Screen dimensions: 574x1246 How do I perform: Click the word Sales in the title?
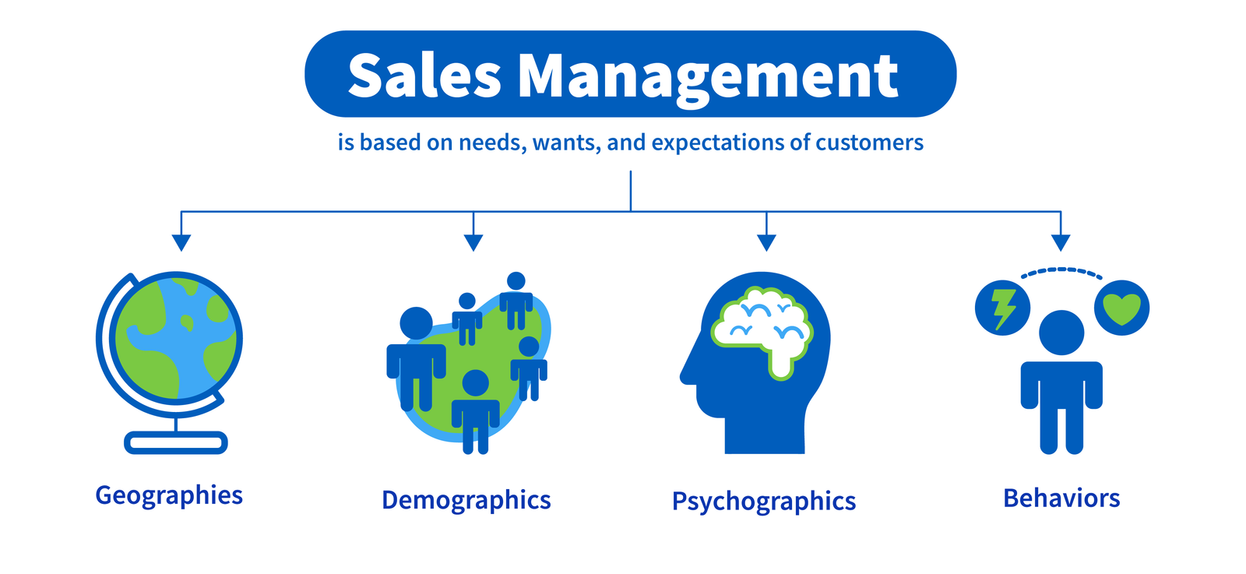pyautogui.click(x=424, y=76)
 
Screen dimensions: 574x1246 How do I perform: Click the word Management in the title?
pyautogui.click(x=708, y=77)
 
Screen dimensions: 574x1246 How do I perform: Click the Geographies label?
pyautogui.click(x=169, y=496)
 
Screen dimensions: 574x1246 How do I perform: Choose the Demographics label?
pyautogui.click(x=466, y=501)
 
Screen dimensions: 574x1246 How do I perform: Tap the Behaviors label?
pyautogui.click(x=1061, y=498)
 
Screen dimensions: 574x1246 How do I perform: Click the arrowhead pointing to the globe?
pyautogui.click(x=181, y=242)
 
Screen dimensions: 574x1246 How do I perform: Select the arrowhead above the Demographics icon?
pyautogui.click(x=473, y=242)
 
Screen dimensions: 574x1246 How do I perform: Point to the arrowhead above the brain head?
pyautogui.click(x=766, y=242)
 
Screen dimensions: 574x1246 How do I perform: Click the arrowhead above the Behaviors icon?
pyautogui.click(x=1061, y=242)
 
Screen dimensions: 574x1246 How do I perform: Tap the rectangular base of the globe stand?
pyautogui.click(x=176, y=443)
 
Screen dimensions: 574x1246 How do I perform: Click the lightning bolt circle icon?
pyautogui.click(x=1003, y=308)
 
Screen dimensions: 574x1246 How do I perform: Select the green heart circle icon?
pyautogui.click(x=1121, y=308)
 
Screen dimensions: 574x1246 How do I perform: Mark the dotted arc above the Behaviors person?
pyautogui.click(x=1061, y=271)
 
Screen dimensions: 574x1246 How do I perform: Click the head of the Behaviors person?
pyautogui.click(x=1061, y=333)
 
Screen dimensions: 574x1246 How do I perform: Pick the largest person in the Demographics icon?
pyautogui.click(x=416, y=358)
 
